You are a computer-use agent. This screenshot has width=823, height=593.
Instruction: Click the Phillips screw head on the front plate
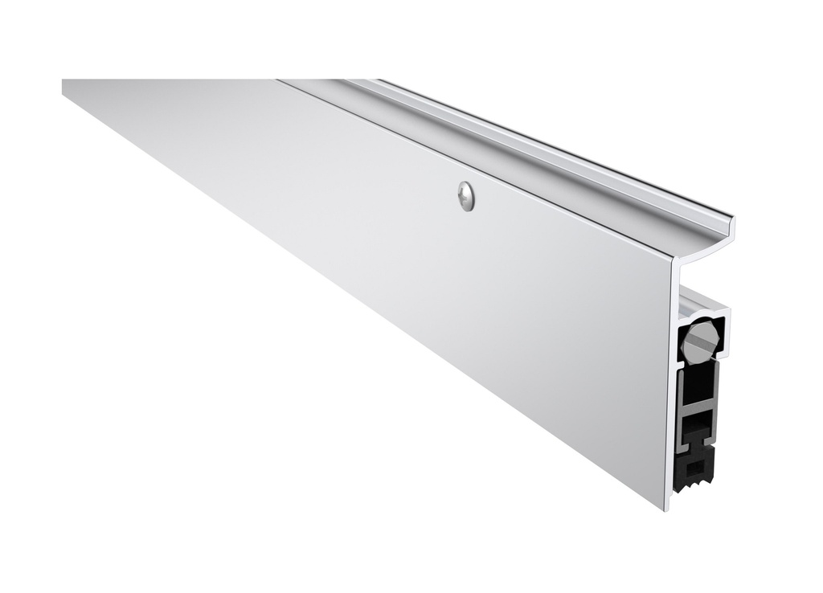[x=465, y=196]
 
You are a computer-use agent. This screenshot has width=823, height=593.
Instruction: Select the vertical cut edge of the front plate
[x=669, y=386]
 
